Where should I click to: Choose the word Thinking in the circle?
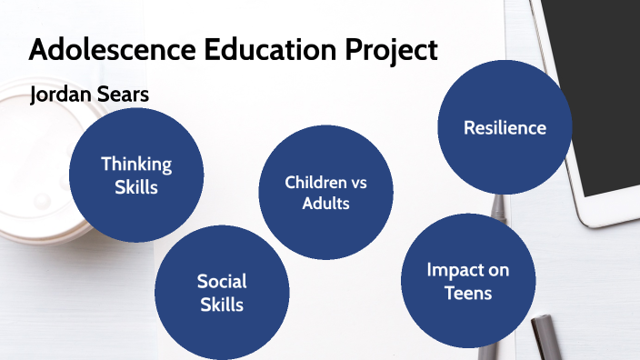click(136, 164)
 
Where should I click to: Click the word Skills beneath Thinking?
click(136, 187)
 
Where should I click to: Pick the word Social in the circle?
click(222, 281)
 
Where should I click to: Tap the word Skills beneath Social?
click(222, 305)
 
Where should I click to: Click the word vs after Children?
click(358, 183)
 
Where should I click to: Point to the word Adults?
click(325, 204)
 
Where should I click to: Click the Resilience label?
click(505, 127)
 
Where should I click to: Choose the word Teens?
click(468, 293)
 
